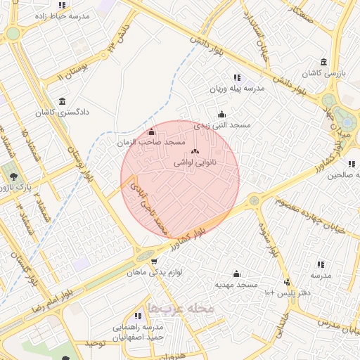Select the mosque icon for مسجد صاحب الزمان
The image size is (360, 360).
click(152, 132)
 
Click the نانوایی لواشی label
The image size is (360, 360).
click(195, 162)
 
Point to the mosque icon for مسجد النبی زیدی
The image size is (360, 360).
click(222, 115)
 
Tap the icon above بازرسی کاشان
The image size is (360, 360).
click(323, 62)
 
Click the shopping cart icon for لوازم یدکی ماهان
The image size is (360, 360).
click(154, 262)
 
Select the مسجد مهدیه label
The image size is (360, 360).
click(238, 285)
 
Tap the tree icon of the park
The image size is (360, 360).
click(12, 173)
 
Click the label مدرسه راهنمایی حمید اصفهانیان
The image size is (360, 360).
click(138, 332)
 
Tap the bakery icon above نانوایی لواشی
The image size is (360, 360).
click(195, 152)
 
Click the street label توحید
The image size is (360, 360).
click(95, 342)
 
